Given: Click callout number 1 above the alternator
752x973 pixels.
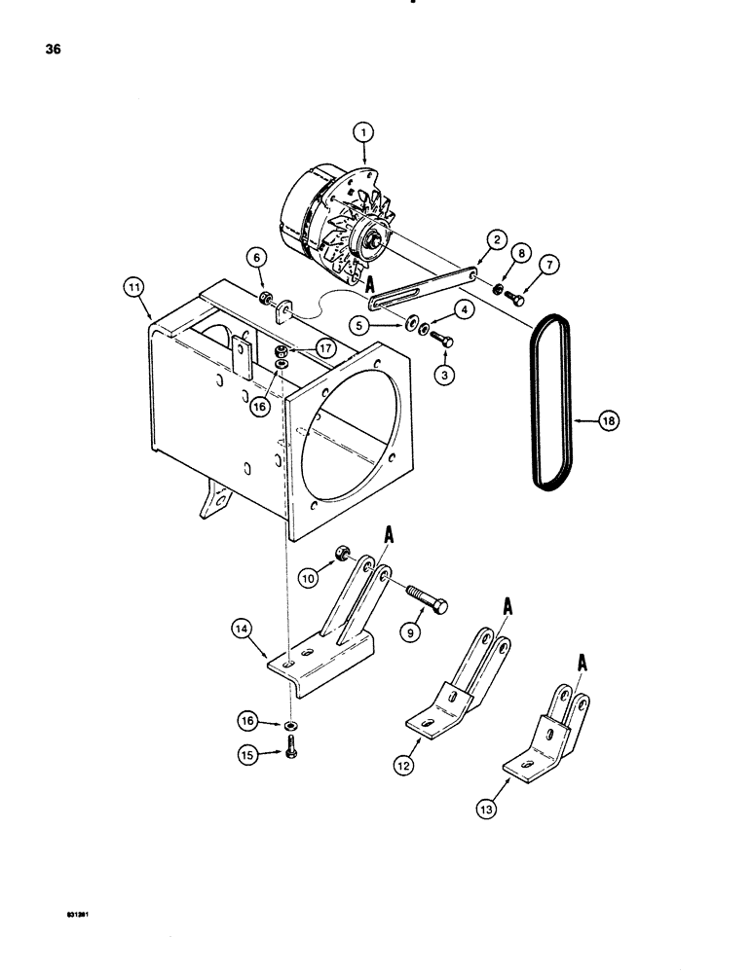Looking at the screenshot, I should [363, 129].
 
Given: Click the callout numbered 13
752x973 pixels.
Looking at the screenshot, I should [487, 807].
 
